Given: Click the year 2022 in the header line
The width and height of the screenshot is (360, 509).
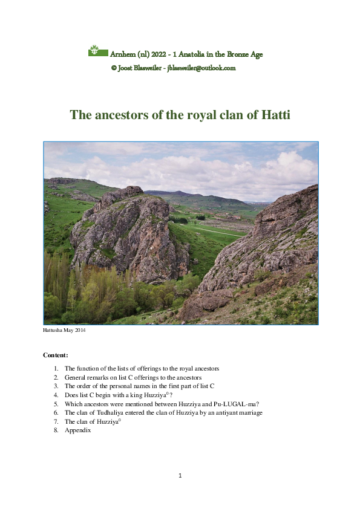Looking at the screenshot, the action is (x=156, y=54).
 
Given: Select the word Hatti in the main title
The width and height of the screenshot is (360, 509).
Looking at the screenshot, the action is (x=275, y=114).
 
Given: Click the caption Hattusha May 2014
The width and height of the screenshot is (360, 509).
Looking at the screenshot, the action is (x=64, y=331).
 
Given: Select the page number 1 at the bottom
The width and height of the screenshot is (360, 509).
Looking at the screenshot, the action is (x=180, y=476).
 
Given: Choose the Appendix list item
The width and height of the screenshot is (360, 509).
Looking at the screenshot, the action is (x=77, y=430).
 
